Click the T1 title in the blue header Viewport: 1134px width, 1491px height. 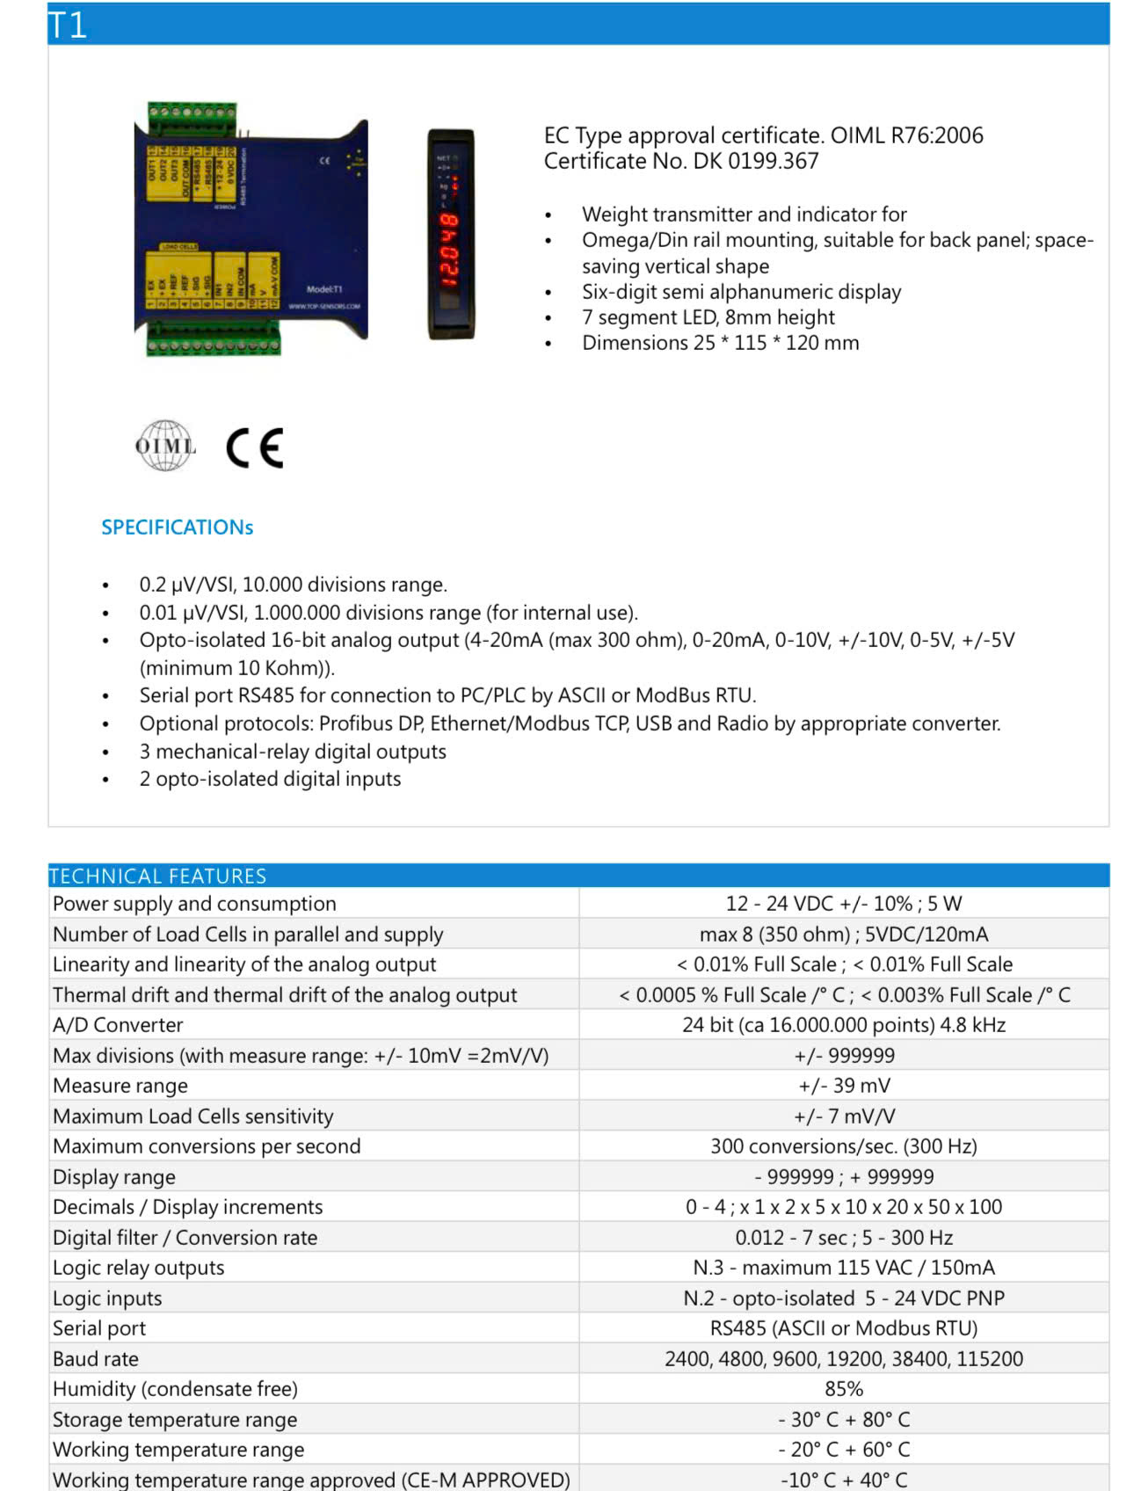(68, 25)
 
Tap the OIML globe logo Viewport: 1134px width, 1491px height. (164, 446)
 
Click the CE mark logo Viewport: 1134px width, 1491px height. (255, 447)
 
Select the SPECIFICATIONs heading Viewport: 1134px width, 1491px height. (177, 527)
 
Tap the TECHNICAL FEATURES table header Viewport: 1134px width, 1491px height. (157, 876)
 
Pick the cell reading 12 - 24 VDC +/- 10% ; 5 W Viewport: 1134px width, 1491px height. (843, 904)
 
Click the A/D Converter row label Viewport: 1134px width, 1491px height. (118, 1025)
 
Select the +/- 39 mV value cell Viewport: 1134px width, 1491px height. (843, 1086)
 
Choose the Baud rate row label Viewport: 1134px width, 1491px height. (96, 1359)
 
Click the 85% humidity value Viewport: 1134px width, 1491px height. (843, 1389)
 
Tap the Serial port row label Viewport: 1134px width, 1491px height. (99, 1328)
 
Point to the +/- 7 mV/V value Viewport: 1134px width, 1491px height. (843, 1116)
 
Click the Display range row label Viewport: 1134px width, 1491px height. (114, 1177)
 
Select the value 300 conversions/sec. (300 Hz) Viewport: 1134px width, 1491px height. (843, 1146)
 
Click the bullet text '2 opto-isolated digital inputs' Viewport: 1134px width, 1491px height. (270, 779)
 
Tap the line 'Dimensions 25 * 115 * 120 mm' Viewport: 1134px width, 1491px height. (720, 343)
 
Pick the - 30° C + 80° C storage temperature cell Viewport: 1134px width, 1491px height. (843, 1420)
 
